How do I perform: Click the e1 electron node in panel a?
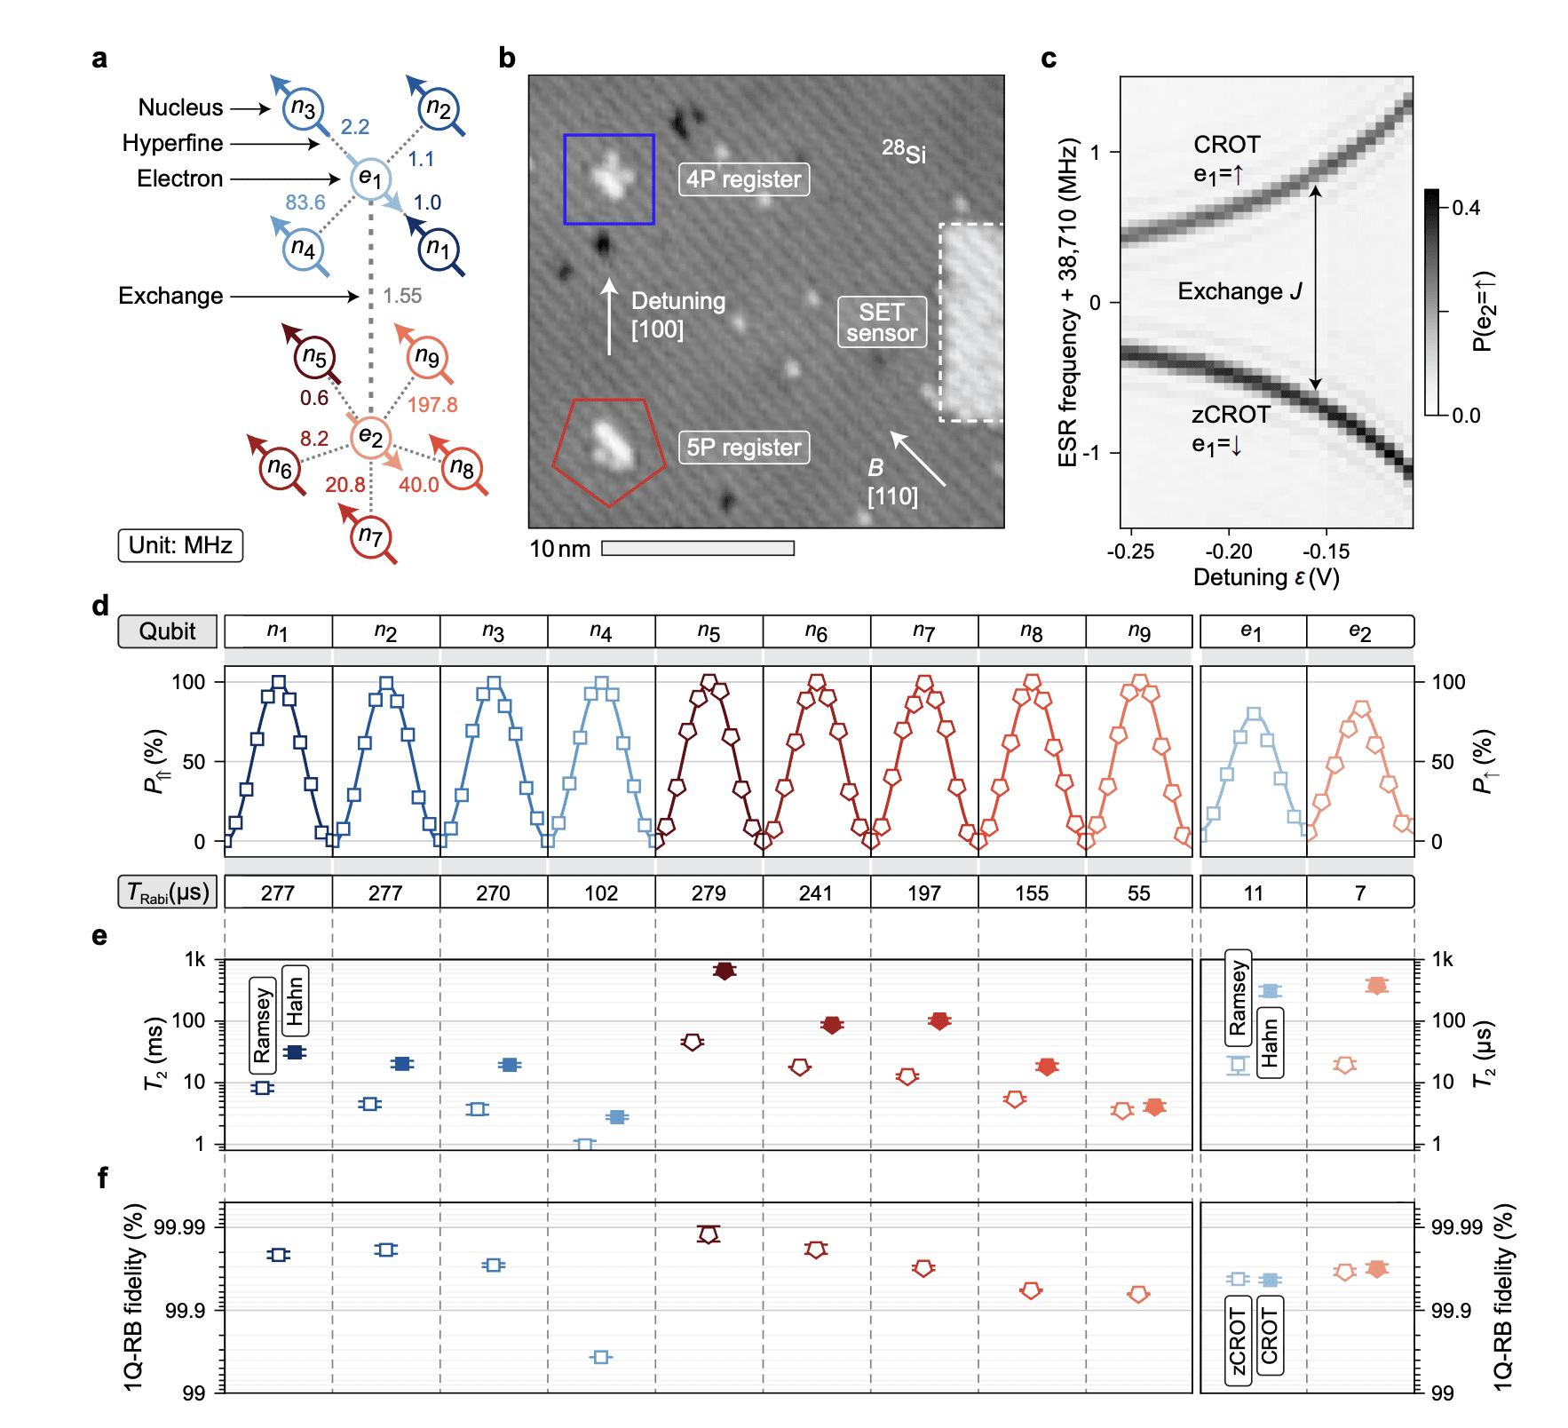[369, 178]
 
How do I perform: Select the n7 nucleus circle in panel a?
[370, 536]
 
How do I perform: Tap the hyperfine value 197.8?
[432, 405]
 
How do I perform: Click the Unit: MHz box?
[180, 545]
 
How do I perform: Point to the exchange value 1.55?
[402, 296]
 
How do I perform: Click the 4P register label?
[743, 179]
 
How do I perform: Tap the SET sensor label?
[882, 322]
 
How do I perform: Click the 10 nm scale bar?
[698, 549]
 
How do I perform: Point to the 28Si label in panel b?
[903, 152]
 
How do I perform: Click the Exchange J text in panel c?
[1239, 291]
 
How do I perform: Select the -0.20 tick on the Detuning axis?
[1229, 551]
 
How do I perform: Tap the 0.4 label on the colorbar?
[1466, 208]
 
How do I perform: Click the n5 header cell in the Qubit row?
[709, 631]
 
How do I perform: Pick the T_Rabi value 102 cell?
[601, 892]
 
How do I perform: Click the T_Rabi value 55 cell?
[1139, 892]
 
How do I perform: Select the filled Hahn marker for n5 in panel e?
[725, 971]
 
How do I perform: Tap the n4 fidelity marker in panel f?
[601, 1357]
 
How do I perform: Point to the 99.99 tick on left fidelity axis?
[179, 1227]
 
